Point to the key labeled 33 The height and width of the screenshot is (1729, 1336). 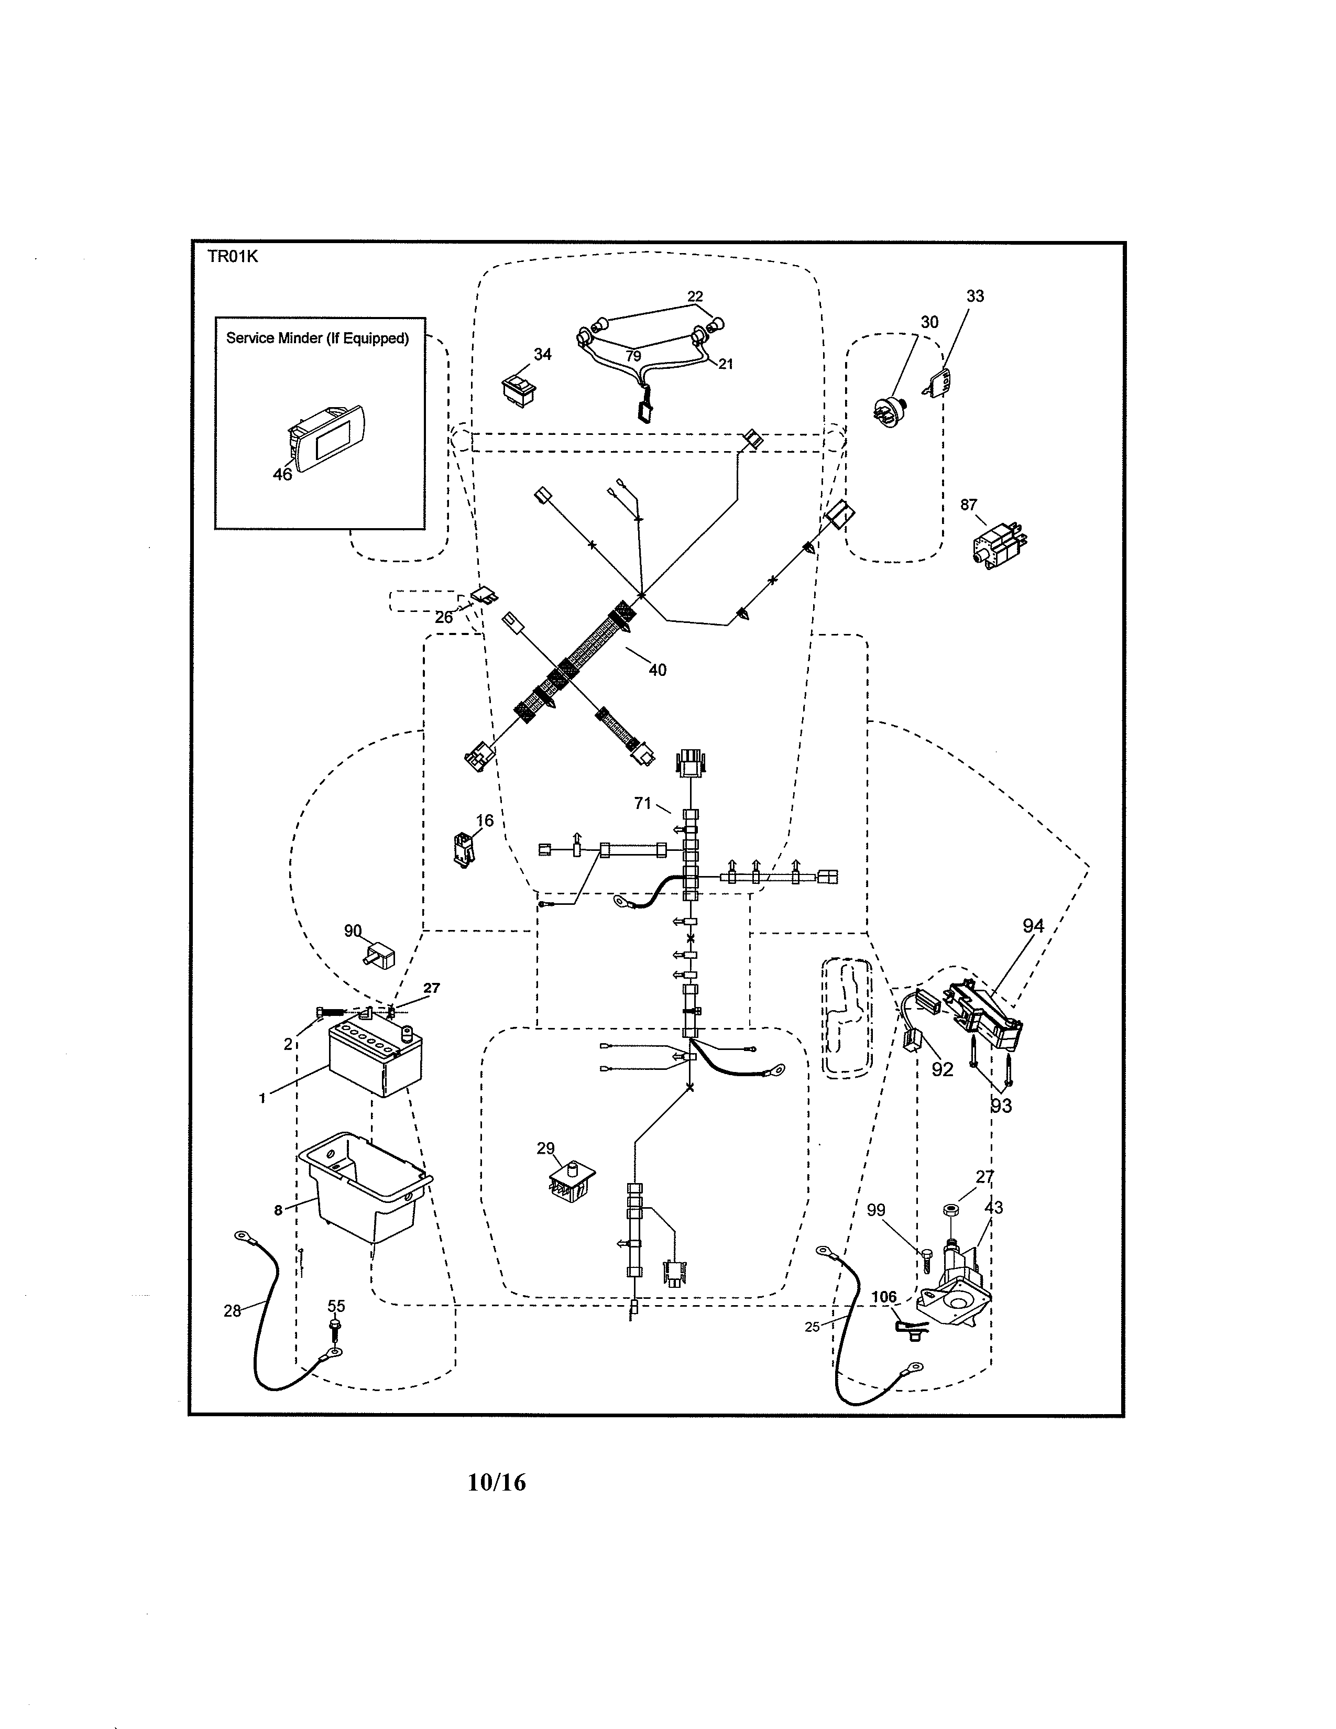click(937, 383)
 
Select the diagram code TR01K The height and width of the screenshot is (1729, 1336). click(233, 257)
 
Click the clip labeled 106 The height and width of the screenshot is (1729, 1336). click(906, 1328)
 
